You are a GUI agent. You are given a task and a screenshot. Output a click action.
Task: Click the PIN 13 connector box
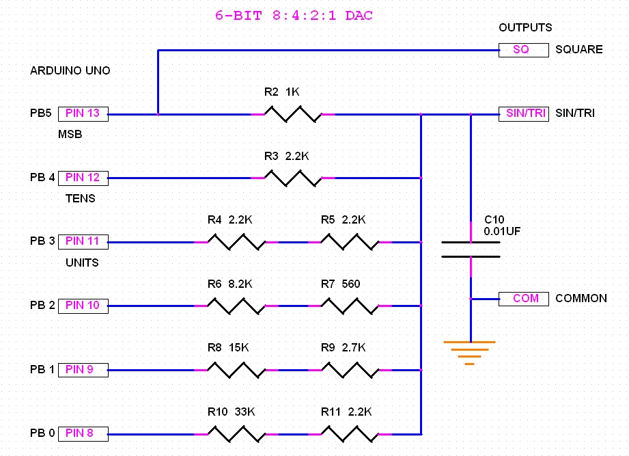[x=83, y=113]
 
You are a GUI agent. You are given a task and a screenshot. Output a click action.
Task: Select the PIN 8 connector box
[x=83, y=433]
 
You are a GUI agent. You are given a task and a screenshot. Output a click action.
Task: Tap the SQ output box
[x=523, y=50]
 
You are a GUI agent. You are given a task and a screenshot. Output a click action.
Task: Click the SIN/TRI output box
[x=523, y=113]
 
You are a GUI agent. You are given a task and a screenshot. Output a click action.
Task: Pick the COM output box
[x=523, y=299]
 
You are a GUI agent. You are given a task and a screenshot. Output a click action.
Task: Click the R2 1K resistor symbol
[x=292, y=114]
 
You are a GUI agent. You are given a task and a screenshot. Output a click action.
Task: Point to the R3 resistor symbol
[x=292, y=178]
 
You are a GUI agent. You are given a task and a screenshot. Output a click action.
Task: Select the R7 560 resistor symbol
[x=349, y=306]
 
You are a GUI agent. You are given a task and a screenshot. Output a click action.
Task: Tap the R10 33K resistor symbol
[x=236, y=433]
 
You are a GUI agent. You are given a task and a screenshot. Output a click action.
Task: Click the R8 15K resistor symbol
[x=236, y=370]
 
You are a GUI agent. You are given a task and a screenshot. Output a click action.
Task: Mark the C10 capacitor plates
[x=471, y=250]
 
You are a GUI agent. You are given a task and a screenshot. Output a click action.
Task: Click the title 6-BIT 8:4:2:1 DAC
[x=294, y=16]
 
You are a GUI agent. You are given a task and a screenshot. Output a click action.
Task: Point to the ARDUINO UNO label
[x=70, y=71]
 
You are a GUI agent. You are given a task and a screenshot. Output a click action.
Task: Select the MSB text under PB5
[x=70, y=135]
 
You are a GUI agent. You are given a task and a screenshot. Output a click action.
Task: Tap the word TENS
[x=80, y=199]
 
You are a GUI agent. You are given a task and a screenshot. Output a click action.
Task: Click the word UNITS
[x=82, y=263]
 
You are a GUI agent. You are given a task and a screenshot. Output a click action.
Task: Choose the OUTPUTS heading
[x=525, y=28]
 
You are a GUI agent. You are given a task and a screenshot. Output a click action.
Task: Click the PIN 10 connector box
[x=83, y=306]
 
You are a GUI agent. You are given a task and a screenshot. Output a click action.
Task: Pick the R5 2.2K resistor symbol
[x=349, y=242]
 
